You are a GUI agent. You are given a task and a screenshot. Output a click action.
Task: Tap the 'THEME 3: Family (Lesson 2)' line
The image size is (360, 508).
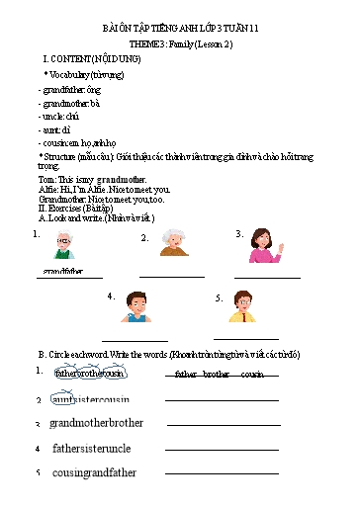180,45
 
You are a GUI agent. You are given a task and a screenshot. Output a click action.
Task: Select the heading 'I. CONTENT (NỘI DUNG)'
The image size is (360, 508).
82,59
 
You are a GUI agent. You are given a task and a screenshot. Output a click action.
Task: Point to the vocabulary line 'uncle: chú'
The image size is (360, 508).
60,116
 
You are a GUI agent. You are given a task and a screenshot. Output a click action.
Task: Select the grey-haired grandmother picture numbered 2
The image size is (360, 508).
174,242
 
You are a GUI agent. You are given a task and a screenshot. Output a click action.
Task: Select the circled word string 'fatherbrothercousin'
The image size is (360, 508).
90,374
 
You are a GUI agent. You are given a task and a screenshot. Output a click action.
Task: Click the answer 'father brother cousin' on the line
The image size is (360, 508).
219,375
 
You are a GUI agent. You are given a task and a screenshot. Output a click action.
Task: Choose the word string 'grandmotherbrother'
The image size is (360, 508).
96,423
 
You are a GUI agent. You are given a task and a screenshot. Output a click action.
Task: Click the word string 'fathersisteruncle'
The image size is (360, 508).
91,448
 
